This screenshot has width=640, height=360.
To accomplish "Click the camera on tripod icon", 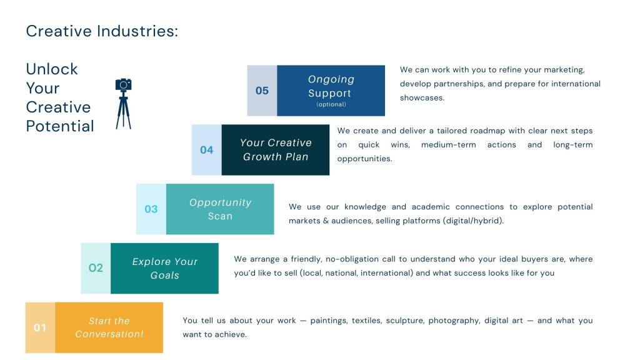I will click(x=123, y=103).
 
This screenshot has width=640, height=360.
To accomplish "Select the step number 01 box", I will click(x=40, y=327).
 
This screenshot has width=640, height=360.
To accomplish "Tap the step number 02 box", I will click(x=96, y=268).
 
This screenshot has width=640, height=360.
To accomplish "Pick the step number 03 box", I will click(x=151, y=209).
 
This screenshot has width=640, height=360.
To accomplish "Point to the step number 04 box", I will click(x=207, y=150).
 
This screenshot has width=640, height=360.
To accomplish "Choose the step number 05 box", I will click(x=262, y=91).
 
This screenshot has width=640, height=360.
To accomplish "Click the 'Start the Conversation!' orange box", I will click(x=109, y=327).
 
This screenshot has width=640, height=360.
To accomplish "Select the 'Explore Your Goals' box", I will click(x=164, y=268).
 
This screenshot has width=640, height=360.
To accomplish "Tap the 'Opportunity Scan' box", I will click(x=220, y=209).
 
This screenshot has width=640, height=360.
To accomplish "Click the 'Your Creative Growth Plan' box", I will click(x=276, y=150).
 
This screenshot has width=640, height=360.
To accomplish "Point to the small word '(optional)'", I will click(x=331, y=104).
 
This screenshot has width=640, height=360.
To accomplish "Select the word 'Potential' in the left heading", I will click(x=60, y=126).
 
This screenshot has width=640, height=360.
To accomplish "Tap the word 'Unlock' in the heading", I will click(x=52, y=69).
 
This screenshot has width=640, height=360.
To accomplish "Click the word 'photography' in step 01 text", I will click(x=454, y=321).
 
